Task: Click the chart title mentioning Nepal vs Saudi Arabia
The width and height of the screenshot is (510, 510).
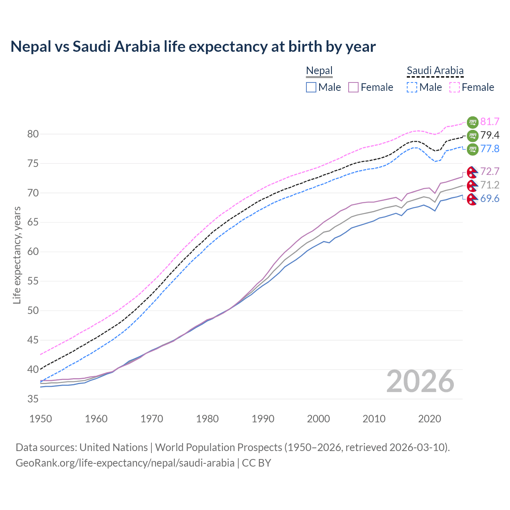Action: pos(193,47)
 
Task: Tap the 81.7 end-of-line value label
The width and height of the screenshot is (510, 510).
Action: pos(490,122)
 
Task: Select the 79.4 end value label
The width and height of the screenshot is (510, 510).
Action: pos(490,135)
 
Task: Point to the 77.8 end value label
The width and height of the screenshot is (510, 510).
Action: pos(490,149)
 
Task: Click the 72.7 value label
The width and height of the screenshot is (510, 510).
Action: pos(490,171)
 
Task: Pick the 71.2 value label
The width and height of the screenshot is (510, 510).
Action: pos(490,185)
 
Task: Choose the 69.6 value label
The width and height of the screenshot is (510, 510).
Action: pos(490,198)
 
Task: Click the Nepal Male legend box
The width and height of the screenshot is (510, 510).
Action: pos(311,87)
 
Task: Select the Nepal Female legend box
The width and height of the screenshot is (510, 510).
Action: pos(353,87)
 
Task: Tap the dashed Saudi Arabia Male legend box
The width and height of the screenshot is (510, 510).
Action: pos(412,87)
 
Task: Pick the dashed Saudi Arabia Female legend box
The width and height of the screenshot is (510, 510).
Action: pos(455,87)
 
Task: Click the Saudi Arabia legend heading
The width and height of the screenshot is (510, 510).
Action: pos(435,71)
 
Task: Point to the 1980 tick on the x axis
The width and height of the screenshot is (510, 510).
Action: pos(207,419)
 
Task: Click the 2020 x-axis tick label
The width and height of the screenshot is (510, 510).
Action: pos(430,419)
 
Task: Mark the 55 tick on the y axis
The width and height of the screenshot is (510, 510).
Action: pos(33,281)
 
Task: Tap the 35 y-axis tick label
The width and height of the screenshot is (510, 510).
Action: pos(33,399)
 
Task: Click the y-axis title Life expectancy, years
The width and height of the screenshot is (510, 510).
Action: pos(17,255)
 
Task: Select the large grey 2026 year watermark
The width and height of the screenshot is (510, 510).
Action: pos(420,381)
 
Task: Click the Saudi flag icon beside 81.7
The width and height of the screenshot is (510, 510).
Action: pos(473,122)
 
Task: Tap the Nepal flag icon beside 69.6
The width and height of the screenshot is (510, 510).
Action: pos(472,199)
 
